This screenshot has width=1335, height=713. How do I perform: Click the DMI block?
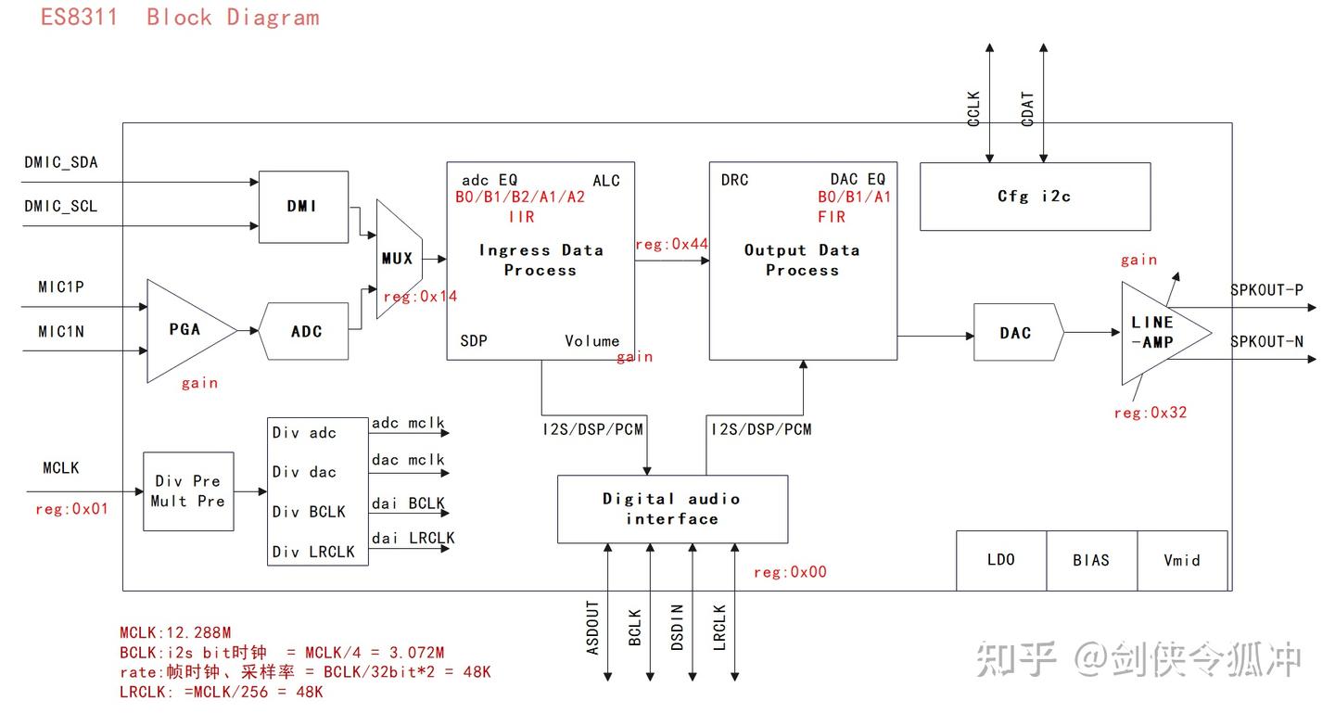point(303,207)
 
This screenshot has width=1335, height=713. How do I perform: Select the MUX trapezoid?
point(400,259)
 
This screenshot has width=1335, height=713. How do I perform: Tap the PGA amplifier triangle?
point(191,330)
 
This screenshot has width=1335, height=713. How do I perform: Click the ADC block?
point(304,331)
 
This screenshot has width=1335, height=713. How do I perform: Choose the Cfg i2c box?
point(1036,197)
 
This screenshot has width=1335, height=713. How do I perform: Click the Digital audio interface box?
point(672,509)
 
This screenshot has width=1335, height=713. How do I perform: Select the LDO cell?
point(1001,560)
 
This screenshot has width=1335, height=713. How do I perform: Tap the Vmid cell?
point(1182,560)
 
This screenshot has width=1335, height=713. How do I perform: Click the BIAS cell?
point(1092,560)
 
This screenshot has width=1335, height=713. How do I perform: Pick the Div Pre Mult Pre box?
point(188,491)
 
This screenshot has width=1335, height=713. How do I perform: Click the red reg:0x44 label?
point(671,244)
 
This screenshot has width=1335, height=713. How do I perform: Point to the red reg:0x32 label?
point(1151,413)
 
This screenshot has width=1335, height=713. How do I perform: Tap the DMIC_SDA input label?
point(61,162)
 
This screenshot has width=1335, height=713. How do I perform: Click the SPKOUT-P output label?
point(1267,289)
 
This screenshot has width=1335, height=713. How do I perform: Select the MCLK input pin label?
point(61,468)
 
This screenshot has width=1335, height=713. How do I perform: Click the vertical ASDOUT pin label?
point(592,628)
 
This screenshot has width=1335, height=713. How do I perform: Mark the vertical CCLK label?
point(973,108)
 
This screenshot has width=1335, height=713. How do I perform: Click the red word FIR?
point(832,216)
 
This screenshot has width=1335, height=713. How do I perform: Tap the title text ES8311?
point(80,18)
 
